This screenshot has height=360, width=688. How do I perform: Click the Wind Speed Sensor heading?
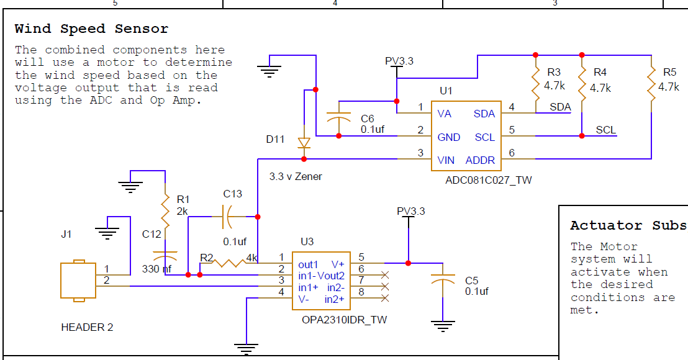91,29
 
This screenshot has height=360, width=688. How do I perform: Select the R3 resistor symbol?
535,84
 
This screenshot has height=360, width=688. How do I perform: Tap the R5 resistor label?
669,72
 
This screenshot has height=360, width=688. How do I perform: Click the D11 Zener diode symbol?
304,143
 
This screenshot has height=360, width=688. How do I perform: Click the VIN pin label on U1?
446,161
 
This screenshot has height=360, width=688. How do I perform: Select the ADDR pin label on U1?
480,161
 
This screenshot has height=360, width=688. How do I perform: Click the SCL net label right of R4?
606,130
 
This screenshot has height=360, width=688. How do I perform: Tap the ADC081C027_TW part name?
488,180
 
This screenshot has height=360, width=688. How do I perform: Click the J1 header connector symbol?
78,281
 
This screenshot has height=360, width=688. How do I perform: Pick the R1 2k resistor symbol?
165,212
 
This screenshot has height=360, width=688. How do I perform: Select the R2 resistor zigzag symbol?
229,263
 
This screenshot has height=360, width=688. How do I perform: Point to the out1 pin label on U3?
308,264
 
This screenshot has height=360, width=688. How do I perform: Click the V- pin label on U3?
304,299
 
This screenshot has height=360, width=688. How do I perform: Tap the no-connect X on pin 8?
385,298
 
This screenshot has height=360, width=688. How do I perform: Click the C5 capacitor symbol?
443,279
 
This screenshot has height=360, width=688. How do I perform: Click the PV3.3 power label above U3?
411,211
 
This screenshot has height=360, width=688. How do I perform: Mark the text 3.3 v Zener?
296,176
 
